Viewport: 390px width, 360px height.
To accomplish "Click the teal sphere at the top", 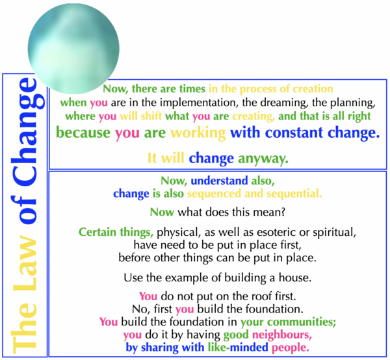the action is tap(73, 49).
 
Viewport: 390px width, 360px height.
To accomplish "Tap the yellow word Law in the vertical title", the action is tap(25, 264).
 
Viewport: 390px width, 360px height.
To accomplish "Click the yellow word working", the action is tap(198, 133).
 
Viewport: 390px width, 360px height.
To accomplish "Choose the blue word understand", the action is tap(219, 181).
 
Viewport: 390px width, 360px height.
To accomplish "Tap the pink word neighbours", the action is tap(282, 335).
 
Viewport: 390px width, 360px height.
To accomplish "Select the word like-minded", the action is tap(238, 347).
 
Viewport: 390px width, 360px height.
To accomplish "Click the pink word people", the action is tap(291, 348).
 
